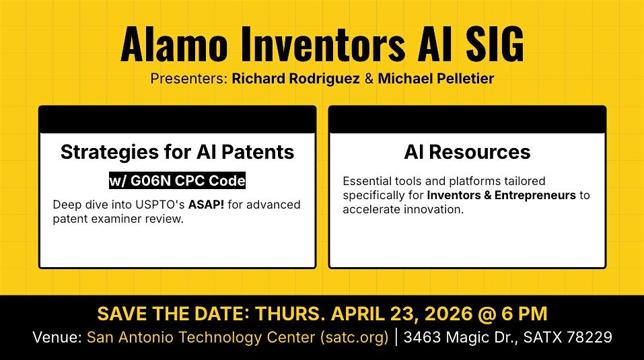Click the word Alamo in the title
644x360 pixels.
click(174, 44)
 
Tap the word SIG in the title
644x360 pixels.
click(495, 44)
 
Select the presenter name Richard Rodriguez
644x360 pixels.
click(295, 79)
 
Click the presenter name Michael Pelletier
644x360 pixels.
click(436, 79)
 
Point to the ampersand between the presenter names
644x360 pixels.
click(369, 79)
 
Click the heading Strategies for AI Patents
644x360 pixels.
click(178, 152)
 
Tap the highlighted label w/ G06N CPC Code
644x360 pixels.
click(178, 180)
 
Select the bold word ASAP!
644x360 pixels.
click(206, 205)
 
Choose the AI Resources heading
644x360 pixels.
click(468, 152)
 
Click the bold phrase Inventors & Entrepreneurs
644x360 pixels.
click(501, 195)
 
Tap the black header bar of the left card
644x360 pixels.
click(178, 120)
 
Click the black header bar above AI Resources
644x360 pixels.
click(468, 120)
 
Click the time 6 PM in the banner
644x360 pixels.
click(524, 314)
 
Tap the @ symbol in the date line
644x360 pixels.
click(487, 314)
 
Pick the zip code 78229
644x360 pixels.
click(589, 337)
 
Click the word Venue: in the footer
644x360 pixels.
click(57, 337)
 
